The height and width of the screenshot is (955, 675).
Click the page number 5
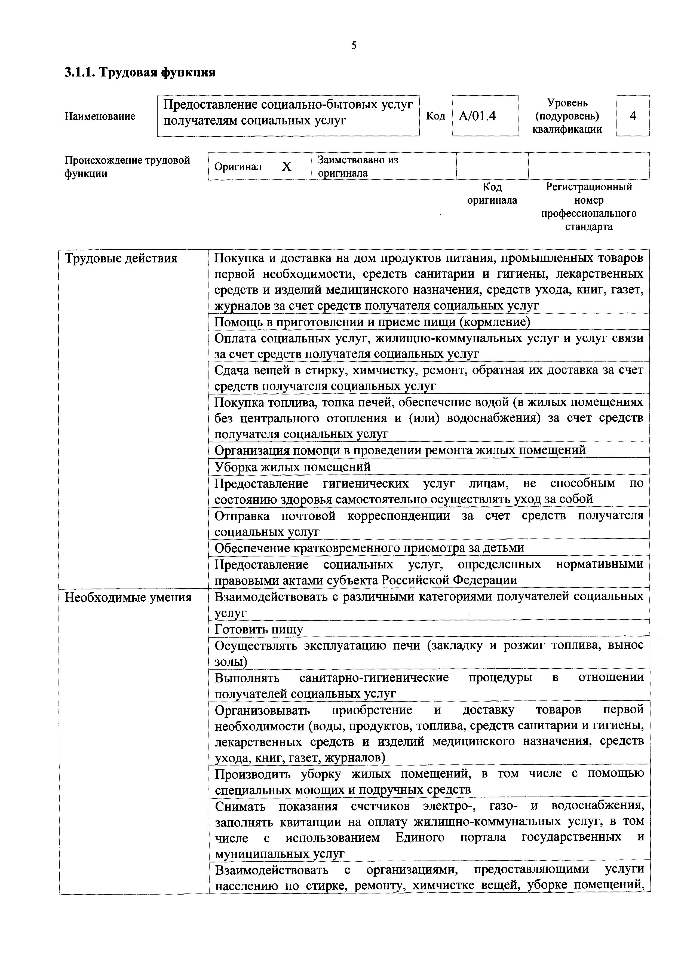click(354, 46)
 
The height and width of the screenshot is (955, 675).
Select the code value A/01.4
click(477, 116)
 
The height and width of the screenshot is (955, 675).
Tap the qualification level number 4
click(633, 116)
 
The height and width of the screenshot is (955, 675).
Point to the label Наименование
click(100, 116)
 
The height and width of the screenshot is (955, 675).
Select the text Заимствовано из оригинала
click(358, 166)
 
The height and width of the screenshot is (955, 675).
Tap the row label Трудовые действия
click(121, 259)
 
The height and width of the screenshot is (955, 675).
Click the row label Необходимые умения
click(128, 598)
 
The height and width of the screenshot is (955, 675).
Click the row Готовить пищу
click(259, 629)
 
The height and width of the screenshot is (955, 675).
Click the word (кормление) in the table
click(495, 322)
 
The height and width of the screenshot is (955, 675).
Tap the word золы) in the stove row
click(231, 662)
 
